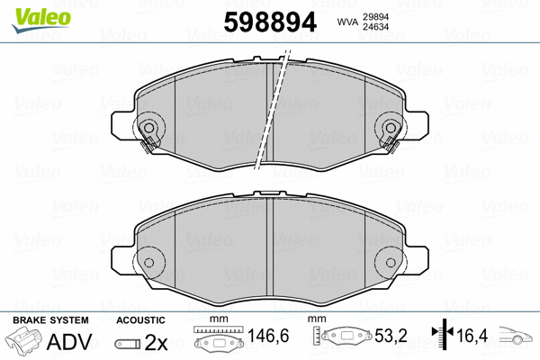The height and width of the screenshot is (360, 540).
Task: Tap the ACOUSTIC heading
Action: (140, 320)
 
